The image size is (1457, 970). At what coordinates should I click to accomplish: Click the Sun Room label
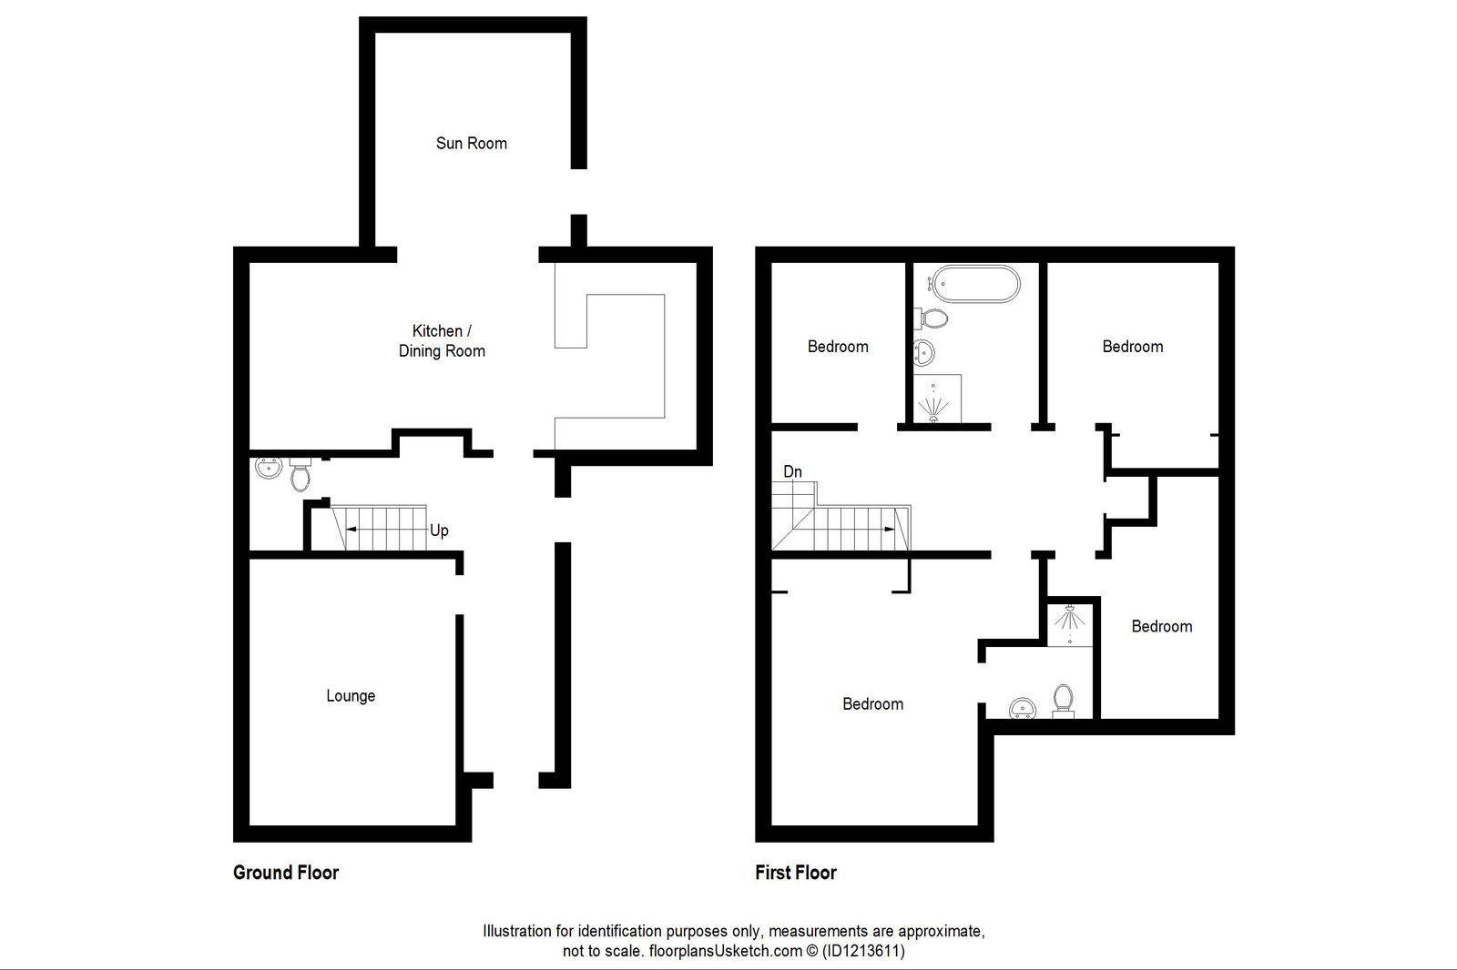tap(471, 143)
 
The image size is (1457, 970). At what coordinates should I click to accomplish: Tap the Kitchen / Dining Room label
tap(442, 341)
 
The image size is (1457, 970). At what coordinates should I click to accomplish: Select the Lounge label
tap(351, 696)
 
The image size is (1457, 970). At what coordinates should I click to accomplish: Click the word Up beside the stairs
tap(439, 530)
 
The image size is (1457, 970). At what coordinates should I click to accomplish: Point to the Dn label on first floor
tap(792, 471)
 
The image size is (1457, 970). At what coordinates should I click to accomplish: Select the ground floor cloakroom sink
tap(268, 469)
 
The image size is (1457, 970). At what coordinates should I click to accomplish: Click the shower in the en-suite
tap(1069, 624)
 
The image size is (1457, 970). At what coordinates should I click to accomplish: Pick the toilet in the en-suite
tap(1063, 701)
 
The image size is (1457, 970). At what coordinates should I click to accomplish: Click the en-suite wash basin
tap(1024, 707)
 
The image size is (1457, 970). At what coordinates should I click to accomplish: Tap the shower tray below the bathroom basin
tap(936, 399)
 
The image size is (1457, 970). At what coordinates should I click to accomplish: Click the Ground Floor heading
tap(286, 873)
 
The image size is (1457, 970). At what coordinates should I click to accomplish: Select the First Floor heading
tap(795, 873)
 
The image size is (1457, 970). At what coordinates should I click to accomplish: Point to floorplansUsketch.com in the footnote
tap(725, 951)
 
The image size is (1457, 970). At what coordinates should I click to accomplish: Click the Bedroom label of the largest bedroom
tap(872, 704)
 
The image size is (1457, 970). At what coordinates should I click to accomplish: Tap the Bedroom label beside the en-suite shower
tap(1161, 626)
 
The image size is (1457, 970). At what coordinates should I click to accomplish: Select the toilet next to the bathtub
tap(932, 318)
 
